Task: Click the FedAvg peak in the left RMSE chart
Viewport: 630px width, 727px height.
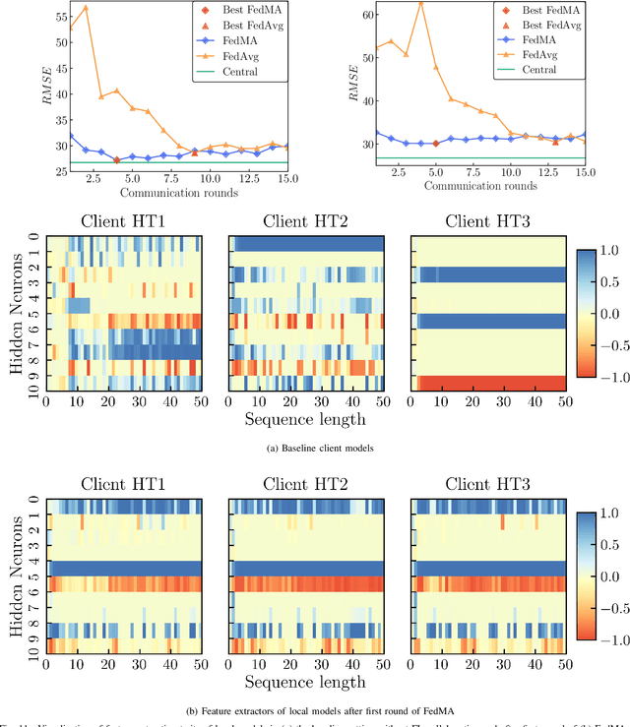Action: (85, 8)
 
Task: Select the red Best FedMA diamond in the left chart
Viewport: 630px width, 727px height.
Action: (116, 159)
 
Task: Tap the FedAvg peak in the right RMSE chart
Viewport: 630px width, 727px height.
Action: (420, 3)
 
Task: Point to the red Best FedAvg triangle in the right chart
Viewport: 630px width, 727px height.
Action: (555, 141)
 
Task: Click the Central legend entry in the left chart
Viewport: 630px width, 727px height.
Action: (238, 71)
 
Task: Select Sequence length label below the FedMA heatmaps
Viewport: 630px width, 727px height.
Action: (307, 682)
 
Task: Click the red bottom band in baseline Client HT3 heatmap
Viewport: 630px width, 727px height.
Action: (492, 383)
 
